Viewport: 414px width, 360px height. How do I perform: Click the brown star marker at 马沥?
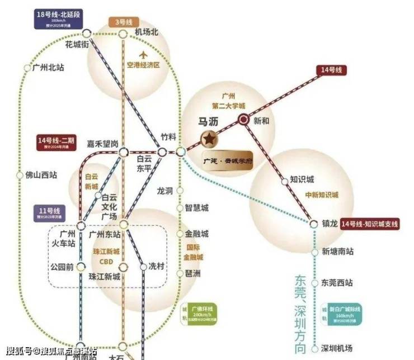point(208,138)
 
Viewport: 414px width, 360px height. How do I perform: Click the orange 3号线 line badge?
point(123,22)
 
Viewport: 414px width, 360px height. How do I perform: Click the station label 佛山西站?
point(41,174)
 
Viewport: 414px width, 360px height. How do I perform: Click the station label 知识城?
point(302,180)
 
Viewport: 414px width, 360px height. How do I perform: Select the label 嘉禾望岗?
point(102,144)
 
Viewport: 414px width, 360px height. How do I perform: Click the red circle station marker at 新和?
point(243,119)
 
